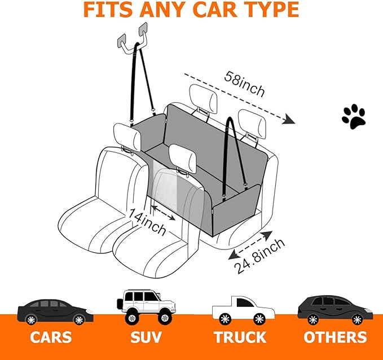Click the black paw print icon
[x=354, y=116]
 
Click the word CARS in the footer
[x=51, y=337]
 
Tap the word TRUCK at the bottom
[x=240, y=337]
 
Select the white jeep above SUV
[x=145, y=306]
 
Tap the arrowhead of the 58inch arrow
[x=288, y=118]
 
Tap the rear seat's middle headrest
[x=202, y=98]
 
